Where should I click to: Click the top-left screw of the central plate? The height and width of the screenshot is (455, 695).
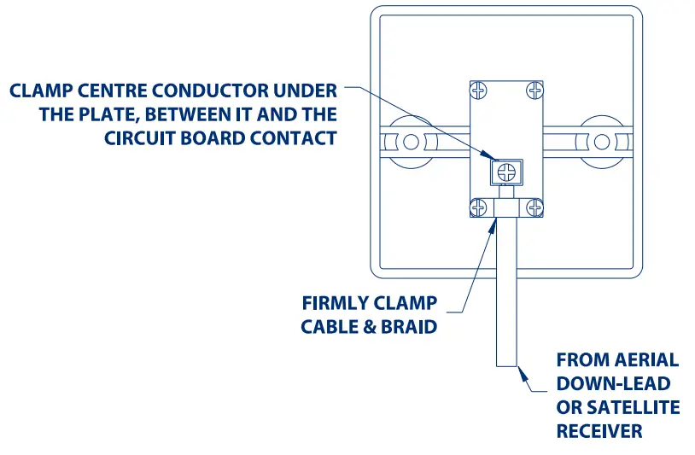coord(480,89)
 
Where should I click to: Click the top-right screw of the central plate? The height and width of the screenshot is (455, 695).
coord(534,89)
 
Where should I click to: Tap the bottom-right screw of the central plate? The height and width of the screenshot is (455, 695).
coord(534,207)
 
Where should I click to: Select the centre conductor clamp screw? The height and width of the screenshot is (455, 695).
coord(506,172)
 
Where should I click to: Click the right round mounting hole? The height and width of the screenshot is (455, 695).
coord(603,141)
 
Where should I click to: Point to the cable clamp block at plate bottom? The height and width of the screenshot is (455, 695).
coord(507,207)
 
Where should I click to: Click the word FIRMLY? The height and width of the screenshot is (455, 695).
coord(336,303)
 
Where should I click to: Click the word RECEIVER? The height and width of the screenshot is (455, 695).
coord(599,432)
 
